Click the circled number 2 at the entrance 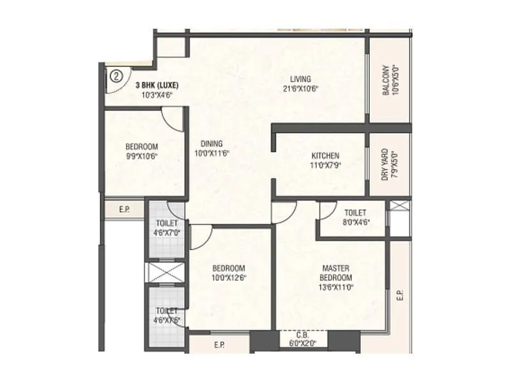[116, 75]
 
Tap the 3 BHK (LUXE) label [156, 86]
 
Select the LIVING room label [300, 79]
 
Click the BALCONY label [386, 80]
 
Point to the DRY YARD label [385, 165]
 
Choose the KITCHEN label [325, 156]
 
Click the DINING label [211, 144]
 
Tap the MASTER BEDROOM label [336, 273]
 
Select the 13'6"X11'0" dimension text [336, 287]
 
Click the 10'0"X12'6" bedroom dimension [229, 278]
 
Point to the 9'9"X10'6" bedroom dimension [141, 156]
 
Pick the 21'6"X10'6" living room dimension [300, 89]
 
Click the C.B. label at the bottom [303, 336]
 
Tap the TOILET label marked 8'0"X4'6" [355, 213]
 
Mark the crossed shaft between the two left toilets [165, 271]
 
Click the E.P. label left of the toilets [125, 208]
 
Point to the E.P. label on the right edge [400, 295]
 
